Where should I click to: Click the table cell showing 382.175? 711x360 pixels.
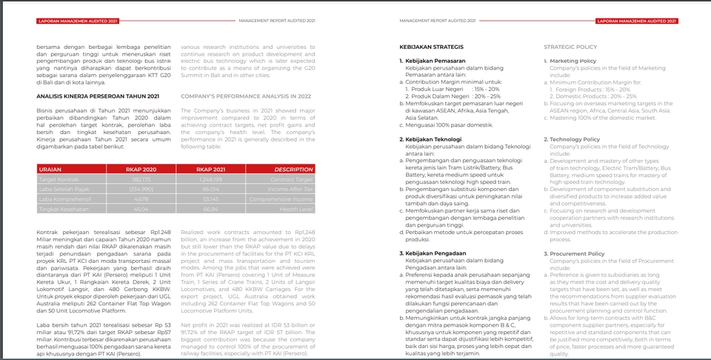[x=141, y=179]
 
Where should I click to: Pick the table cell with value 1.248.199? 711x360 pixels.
[x=211, y=179]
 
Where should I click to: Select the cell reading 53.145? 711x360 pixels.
[x=210, y=200]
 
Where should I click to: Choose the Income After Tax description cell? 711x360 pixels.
[x=294, y=190]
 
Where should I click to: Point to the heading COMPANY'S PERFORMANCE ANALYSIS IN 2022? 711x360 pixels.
[x=246, y=96]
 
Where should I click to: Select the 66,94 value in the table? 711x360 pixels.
[x=210, y=210]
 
